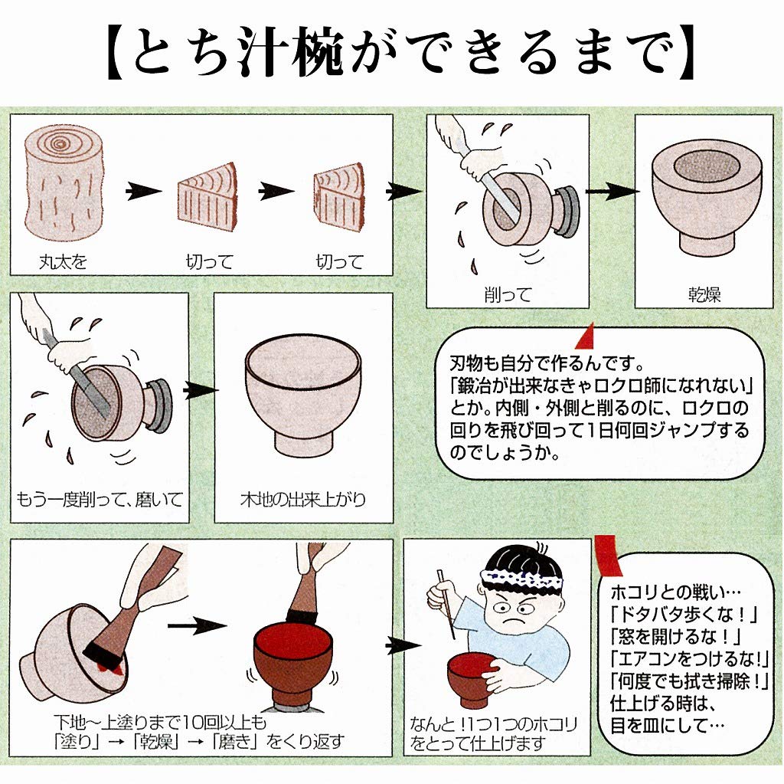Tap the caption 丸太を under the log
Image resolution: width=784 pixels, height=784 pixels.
coord(64,262)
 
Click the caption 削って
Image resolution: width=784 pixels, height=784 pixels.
coord(507,294)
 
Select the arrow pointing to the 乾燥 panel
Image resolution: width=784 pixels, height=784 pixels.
coord(612,192)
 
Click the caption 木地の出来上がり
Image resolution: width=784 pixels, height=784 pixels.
coord(302,500)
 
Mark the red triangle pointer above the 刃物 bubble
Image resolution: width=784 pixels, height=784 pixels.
coord(586,335)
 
